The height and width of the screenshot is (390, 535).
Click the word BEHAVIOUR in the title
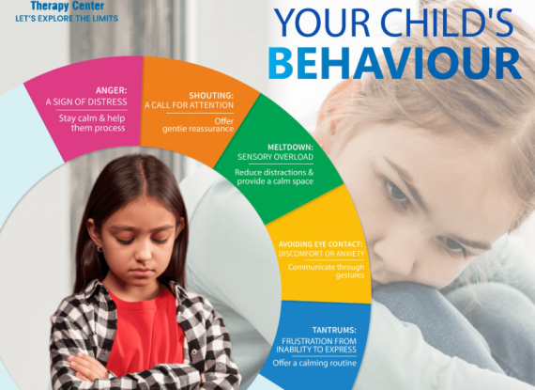coord(395,64)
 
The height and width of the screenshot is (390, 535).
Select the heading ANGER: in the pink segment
coord(112,90)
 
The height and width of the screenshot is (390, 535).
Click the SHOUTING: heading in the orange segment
coord(211,95)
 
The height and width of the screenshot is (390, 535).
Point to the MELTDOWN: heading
coord(290,148)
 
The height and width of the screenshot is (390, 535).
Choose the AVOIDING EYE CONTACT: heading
coord(320,244)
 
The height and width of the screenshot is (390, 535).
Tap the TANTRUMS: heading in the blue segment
coord(334,330)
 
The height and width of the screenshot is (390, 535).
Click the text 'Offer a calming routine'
coord(314,363)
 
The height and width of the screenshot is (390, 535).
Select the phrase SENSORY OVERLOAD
coord(275,157)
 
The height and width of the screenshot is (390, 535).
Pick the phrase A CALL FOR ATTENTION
coord(189,105)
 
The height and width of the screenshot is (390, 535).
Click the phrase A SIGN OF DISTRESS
coord(86,101)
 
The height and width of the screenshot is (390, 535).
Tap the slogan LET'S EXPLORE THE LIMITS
coord(67,18)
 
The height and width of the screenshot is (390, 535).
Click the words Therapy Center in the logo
coord(68,6)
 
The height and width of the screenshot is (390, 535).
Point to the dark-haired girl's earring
coord(99,249)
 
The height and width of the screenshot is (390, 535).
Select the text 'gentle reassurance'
coord(198,129)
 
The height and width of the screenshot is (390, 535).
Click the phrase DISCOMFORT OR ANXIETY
coord(321,254)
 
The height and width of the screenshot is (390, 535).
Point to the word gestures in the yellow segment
coord(350,275)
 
